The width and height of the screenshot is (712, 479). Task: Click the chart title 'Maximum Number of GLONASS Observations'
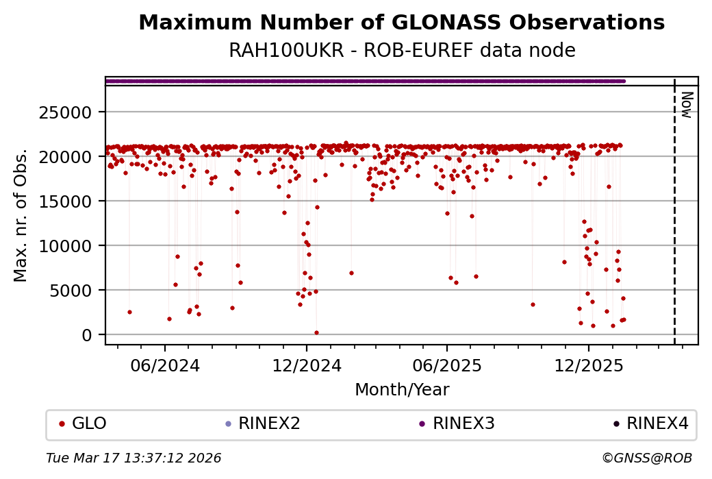pos(401,23)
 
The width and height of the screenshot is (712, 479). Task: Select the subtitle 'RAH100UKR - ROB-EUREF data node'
pos(401,51)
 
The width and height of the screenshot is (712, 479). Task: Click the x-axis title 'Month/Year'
pos(401,391)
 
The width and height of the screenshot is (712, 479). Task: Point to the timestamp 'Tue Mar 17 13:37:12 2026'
pos(133,458)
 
